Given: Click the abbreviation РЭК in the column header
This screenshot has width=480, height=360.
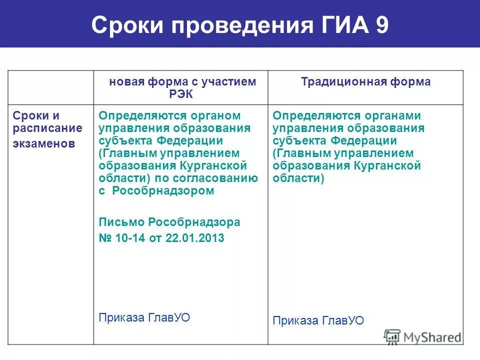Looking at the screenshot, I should click(x=181, y=94).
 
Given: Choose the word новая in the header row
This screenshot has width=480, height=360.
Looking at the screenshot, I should click(x=127, y=82).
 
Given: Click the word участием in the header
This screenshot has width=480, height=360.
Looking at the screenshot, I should click(x=232, y=82).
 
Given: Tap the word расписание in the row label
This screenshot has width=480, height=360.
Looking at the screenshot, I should click(x=48, y=128).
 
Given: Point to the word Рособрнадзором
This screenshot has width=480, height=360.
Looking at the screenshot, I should click(x=163, y=190).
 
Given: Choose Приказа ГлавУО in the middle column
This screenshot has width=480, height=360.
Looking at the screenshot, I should click(x=144, y=317).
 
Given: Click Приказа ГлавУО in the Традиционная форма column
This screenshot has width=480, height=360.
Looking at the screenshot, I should click(x=318, y=320).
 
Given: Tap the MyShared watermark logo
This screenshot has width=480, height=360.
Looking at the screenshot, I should click(x=423, y=336).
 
